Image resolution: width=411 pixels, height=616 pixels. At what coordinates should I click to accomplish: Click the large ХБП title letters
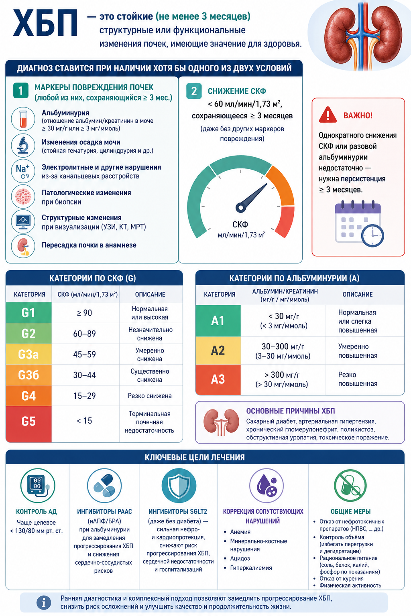pos(45,23)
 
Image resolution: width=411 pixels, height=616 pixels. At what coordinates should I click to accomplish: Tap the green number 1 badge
pos(20,91)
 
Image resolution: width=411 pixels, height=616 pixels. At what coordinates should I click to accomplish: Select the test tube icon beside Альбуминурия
pos(23,119)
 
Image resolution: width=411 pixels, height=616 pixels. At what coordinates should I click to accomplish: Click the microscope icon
pos(23,145)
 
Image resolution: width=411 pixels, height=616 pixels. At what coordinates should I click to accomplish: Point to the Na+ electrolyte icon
pos(23,171)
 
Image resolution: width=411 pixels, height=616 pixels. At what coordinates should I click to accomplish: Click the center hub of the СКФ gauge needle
pos(240,208)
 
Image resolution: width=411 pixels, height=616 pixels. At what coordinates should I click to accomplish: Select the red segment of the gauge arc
pos(285,222)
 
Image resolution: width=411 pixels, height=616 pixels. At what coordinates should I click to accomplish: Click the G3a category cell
pos(28,354)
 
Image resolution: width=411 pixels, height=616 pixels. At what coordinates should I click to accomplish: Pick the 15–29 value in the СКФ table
pos(85,396)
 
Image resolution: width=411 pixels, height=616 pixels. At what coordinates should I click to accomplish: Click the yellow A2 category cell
pos(218,351)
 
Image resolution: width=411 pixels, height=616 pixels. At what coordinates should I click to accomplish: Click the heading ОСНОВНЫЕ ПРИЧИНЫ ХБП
pos(291,411)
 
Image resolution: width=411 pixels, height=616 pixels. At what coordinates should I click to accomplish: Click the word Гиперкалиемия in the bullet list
pos(251,567)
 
